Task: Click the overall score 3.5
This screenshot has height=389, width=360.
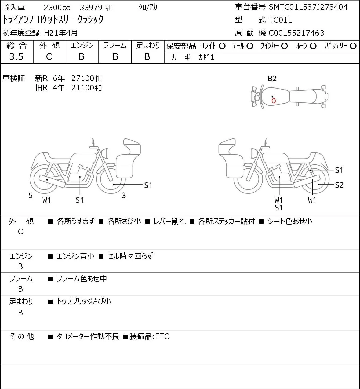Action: pyautogui.click(x=16, y=57)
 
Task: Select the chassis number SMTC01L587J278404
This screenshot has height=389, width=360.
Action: pyautogui.click(x=308, y=7)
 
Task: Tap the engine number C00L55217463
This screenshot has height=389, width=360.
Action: pyautogui.click(x=296, y=33)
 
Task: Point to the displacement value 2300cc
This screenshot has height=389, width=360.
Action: pyautogui.click(x=57, y=8)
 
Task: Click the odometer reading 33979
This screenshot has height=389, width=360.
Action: pyautogui.click(x=91, y=8)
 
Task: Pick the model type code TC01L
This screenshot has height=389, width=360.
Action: pyautogui.click(x=280, y=20)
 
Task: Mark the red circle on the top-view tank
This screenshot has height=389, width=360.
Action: pyautogui.click(x=274, y=101)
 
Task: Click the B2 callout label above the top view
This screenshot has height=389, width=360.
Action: pyautogui.click(x=272, y=79)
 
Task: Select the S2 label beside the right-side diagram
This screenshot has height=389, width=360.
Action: pyautogui.click(x=339, y=185)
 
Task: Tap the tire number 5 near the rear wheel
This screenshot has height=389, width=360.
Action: pyautogui.click(x=30, y=195)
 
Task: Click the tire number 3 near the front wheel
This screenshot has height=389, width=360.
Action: pyautogui.click(x=123, y=195)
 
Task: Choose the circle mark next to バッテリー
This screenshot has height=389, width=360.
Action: pyautogui.click(x=353, y=46)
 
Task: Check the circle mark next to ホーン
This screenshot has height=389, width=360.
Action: pyautogui.click(x=313, y=46)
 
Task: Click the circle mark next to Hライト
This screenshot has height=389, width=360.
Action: pyautogui.click(x=222, y=46)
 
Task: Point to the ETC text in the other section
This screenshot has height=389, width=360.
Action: pyautogui.click(x=162, y=336)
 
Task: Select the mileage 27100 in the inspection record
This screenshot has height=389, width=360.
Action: pyautogui.click(x=82, y=78)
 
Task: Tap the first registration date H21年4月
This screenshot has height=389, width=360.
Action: pyautogui.click(x=61, y=33)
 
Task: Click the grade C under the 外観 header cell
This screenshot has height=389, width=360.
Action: pyautogui.click(x=49, y=57)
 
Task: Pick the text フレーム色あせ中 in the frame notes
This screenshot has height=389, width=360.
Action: pyautogui.click(x=82, y=278)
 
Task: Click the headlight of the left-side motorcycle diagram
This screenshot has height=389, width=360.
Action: pyautogui.click(x=105, y=153)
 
